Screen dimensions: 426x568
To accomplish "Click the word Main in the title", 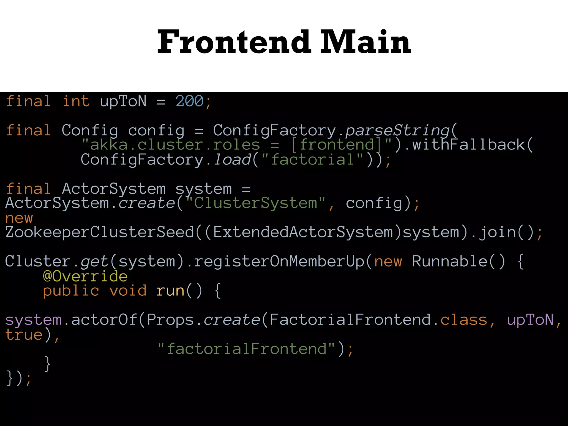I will (x=365, y=42).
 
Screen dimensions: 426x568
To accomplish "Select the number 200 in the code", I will (x=190, y=101).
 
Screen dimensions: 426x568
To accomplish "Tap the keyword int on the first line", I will (x=76, y=101).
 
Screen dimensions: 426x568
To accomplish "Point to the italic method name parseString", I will (x=397, y=130).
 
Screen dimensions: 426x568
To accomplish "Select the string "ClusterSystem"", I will (x=255, y=203).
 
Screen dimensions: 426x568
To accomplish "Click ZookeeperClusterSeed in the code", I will (x=100, y=232).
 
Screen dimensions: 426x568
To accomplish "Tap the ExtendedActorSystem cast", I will (x=303, y=232).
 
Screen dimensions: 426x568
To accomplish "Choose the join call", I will (x=498, y=232).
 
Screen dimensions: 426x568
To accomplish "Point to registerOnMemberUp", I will (x=279, y=262).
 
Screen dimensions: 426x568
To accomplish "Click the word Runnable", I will (x=450, y=262).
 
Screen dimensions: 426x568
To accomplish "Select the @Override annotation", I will (x=85, y=277).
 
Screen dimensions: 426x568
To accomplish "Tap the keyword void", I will (x=128, y=291).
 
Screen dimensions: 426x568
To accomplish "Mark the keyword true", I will (x=24, y=335).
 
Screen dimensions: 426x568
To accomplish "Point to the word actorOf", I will (x=104, y=320).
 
